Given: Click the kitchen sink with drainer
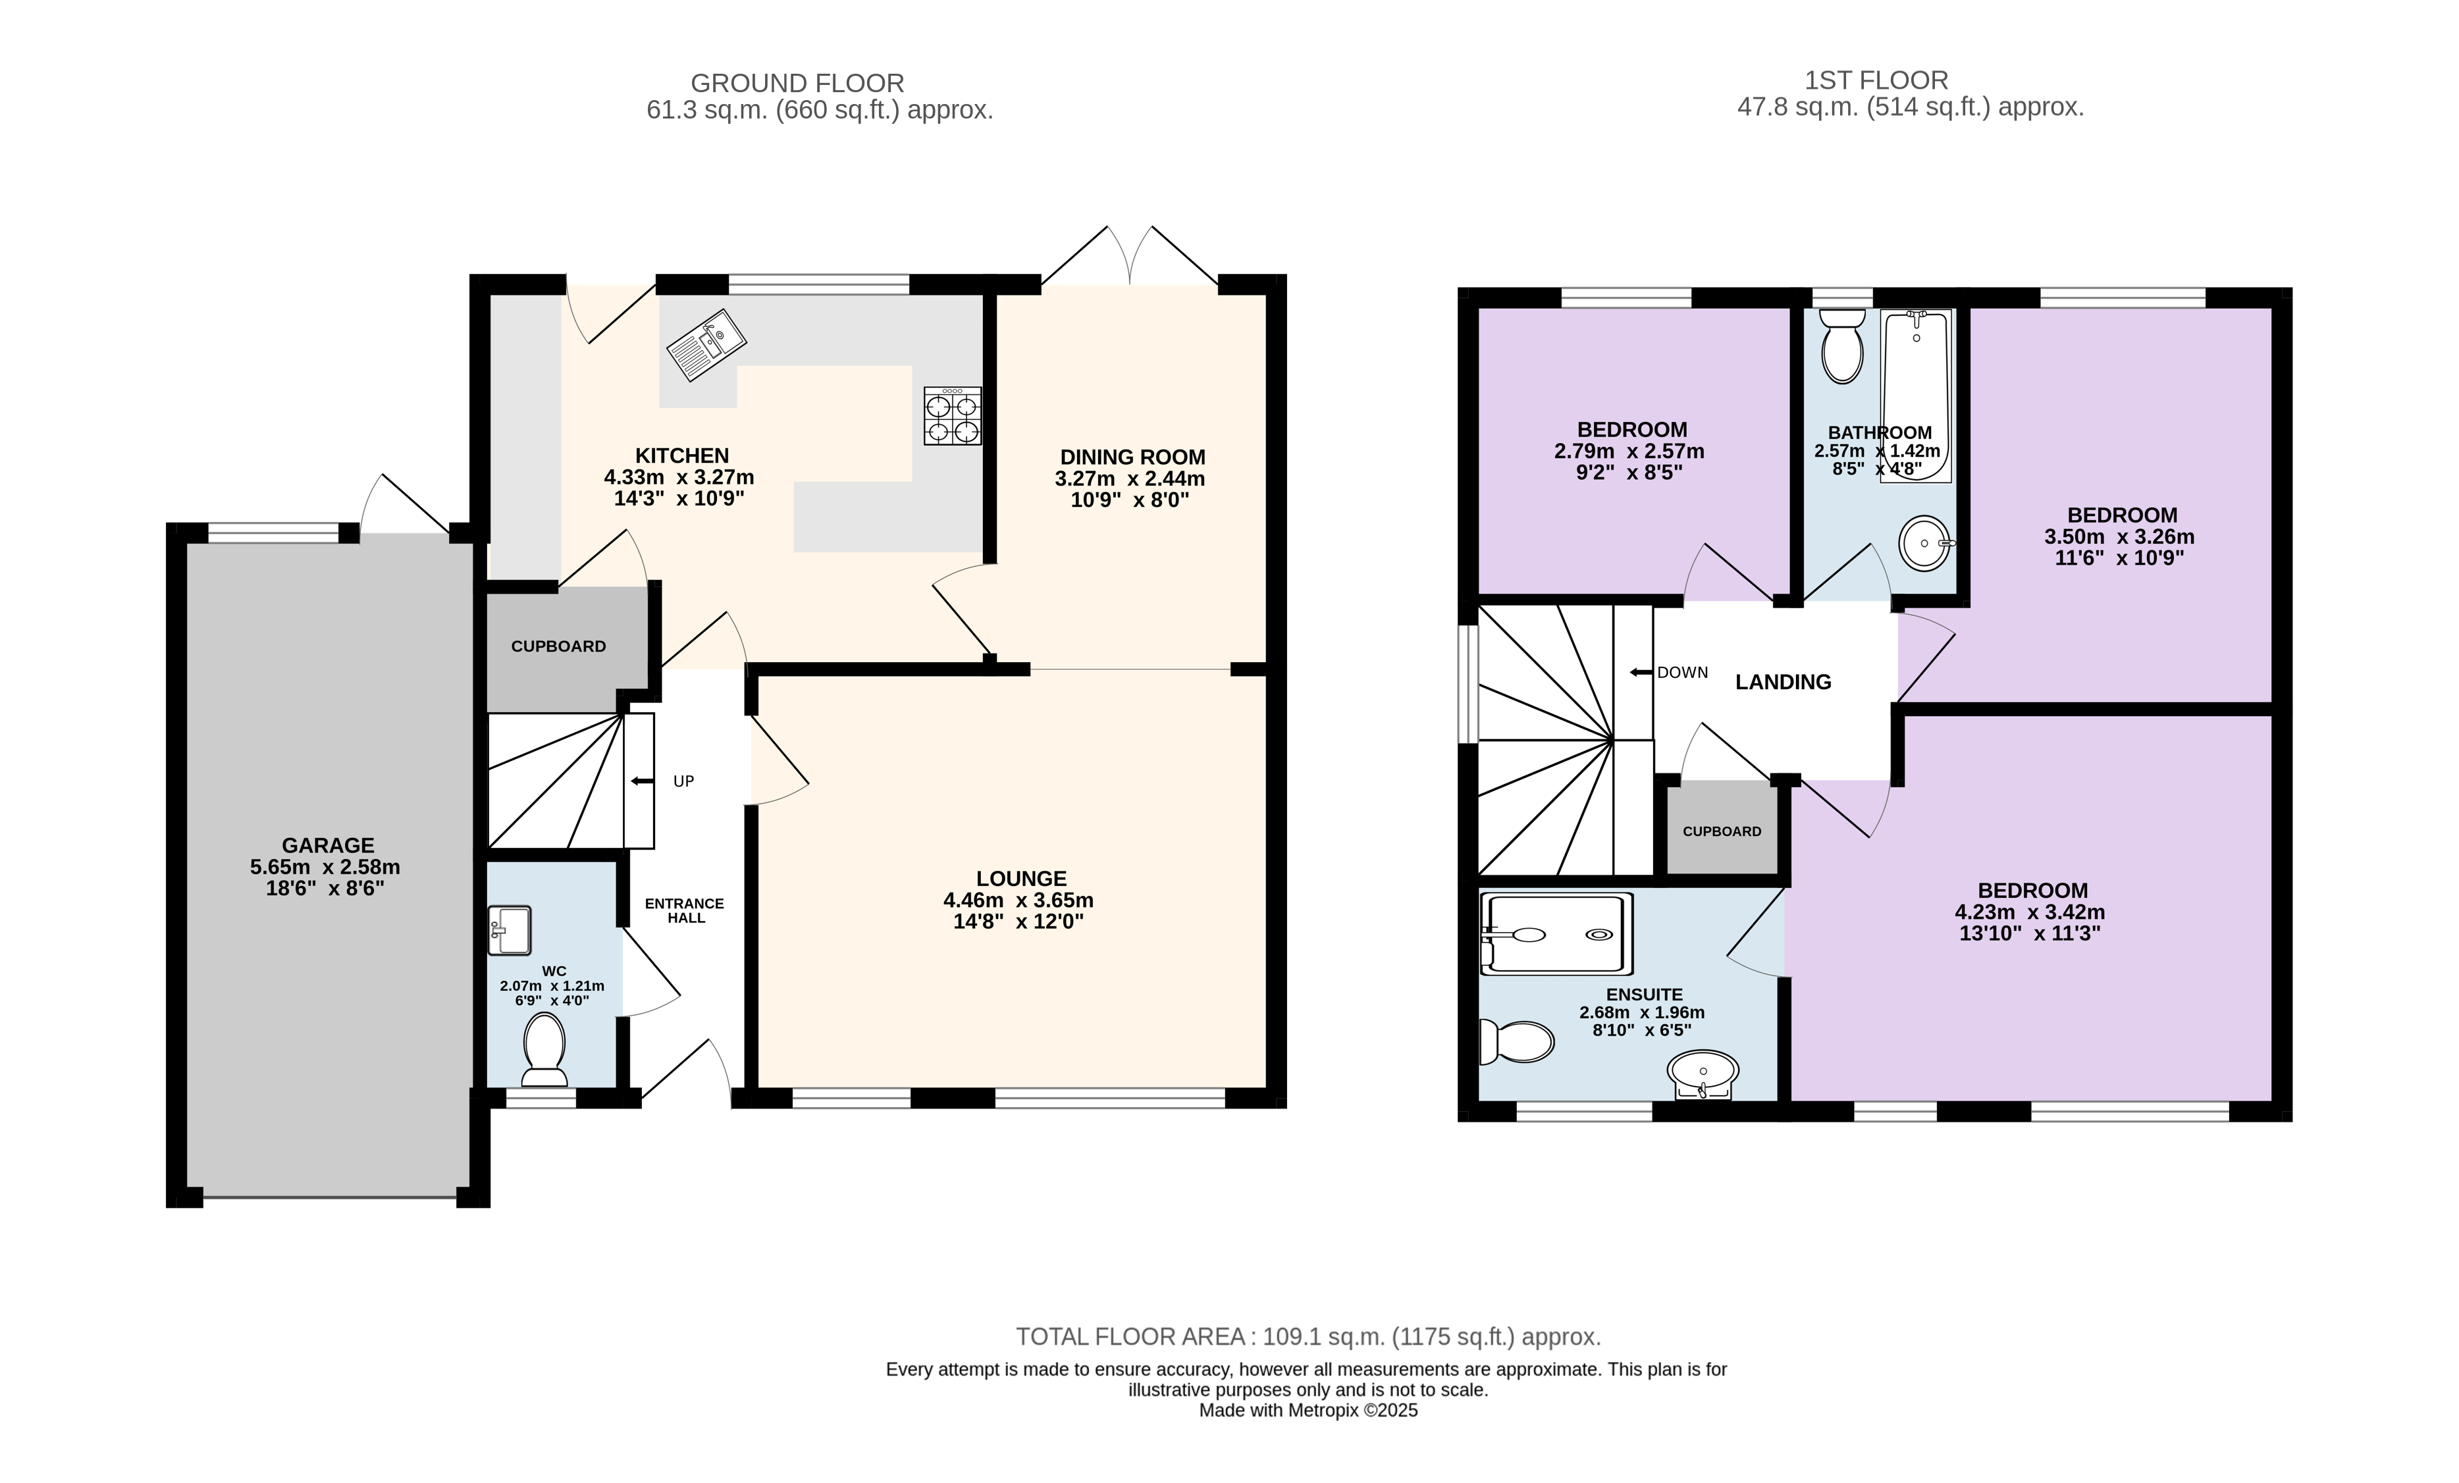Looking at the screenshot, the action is pyautogui.click(x=706, y=346).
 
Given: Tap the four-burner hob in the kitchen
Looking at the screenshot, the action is pyautogui.click(x=952, y=416).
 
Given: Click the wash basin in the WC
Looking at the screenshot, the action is pyautogui.click(x=509, y=930).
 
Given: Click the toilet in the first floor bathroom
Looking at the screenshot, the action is pyautogui.click(x=1842, y=346).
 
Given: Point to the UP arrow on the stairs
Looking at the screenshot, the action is pyautogui.click(x=642, y=781).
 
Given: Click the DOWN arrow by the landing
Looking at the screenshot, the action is pyautogui.click(x=1641, y=673).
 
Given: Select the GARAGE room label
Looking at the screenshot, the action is pyautogui.click(x=327, y=845).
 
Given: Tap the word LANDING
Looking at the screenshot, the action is pyautogui.click(x=1784, y=682).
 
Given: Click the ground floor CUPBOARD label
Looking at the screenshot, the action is pyautogui.click(x=559, y=646).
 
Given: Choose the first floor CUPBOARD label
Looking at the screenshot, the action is pyautogui.click(x=1722, y=831).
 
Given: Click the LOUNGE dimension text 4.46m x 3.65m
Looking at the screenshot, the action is pyautogui.click(x=1019, y=900).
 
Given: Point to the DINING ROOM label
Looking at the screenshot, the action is pyautogui.click(x=1132, y=457).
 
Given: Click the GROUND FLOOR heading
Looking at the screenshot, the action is pyautogui.click(x=797, y=83).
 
